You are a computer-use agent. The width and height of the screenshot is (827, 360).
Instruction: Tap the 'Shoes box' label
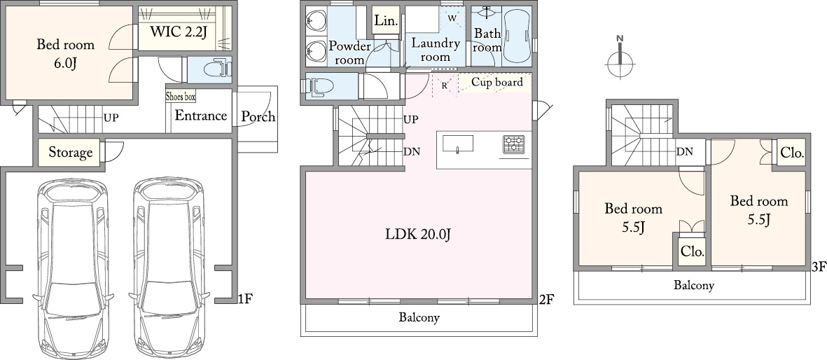click(x=181, y=97)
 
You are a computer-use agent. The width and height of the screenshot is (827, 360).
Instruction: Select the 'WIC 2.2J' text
click(x=179, y=32)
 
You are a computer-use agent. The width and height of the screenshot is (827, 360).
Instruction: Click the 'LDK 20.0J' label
click(x=417, y=234)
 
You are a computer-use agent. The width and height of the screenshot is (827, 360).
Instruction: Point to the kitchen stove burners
click(x=514, y=145)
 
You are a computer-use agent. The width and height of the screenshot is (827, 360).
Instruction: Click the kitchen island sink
click(x=457, y=144)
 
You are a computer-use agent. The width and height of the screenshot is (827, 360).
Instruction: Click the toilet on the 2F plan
click(x=317, y=86)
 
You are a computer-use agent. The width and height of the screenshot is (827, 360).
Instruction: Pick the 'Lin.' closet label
click(x=387, y=20)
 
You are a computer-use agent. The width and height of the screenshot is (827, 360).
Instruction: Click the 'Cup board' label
click(x=497, y=83)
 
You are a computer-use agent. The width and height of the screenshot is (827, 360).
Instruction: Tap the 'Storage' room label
click(x=71, y=153)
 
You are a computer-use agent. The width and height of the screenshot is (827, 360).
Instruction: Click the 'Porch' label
click(x=258, y=117)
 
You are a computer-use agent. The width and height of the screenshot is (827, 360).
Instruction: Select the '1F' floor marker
click(x=246, y=299)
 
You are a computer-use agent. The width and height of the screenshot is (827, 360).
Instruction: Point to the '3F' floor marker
click(x=819, y=268)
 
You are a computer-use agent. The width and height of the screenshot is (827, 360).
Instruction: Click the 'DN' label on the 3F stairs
click(x=685, y=152)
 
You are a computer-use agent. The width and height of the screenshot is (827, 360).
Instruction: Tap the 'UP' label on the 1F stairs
click(x=111, y=118)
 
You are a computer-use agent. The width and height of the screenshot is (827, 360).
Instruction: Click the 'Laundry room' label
click(x=436, y=50)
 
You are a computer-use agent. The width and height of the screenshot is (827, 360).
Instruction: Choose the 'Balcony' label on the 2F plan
click(x=419, y=318)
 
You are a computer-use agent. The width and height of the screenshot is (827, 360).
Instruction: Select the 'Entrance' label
click(x=201, y=116)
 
